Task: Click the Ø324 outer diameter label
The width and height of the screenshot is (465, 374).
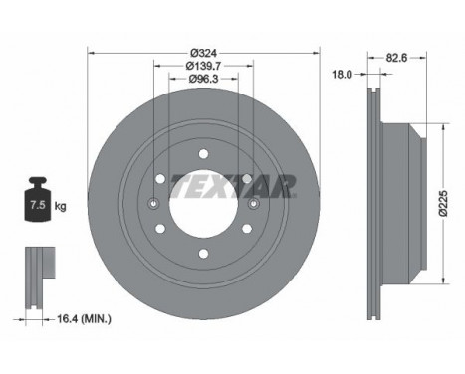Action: tap(203, 53)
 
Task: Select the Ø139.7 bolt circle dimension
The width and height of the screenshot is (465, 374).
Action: tap(203, 66)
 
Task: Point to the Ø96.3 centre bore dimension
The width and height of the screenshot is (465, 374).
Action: tap(203, 79)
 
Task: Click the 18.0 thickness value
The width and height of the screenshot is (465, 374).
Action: tap(342, 73)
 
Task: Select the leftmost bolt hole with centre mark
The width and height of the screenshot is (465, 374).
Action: tap(153, 205)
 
